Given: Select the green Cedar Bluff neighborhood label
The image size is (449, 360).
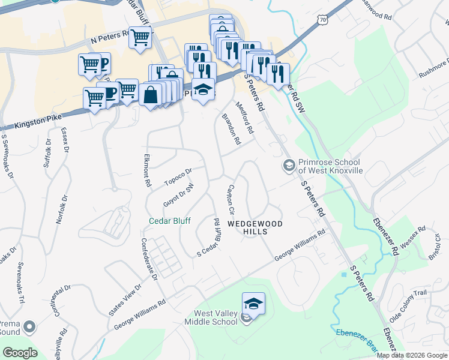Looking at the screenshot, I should [x=170, y=221].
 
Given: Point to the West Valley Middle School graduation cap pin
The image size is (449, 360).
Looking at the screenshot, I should [x=253, y=303].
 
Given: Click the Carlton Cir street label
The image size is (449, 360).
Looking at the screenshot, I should [x=229, y=200].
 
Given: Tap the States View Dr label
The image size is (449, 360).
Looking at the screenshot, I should [x=125, y=300].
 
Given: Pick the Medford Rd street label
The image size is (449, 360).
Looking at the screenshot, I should [x=246, y=116].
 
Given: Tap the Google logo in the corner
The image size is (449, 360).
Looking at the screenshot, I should [x=20, y=352].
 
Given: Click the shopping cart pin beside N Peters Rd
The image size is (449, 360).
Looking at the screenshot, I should [x=140, y=37].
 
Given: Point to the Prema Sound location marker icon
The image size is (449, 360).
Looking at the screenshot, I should [x=29, y=327].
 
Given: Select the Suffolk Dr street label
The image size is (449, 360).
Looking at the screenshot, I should [x=47, y=152].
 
